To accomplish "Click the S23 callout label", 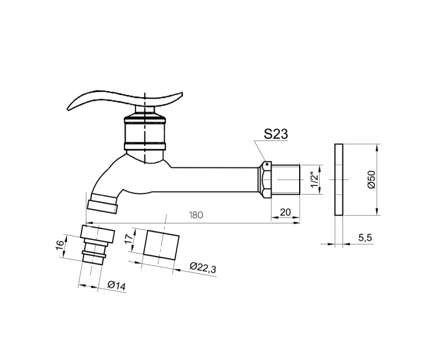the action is tap(276, 134).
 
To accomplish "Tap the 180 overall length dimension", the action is tap(196, 215).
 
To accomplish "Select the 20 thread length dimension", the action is tap(286, 212).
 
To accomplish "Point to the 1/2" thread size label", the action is tap(315, 180).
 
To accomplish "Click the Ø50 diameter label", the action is tap(372, 180).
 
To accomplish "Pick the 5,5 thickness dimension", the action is tap(366, 237).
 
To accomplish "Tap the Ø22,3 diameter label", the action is tap(202, 268).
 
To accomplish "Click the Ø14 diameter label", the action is tap(117, 286).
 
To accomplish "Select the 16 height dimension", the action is tap(60, 243).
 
